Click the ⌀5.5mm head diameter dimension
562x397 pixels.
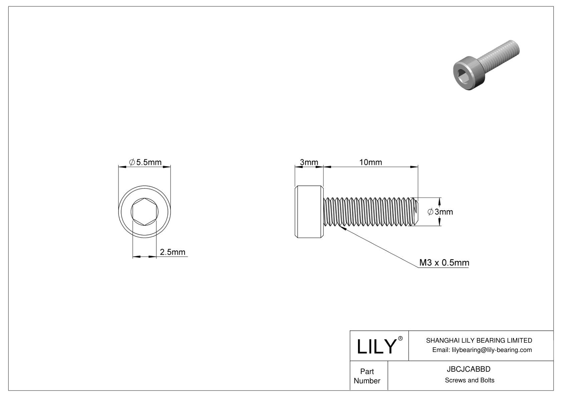tap(145, 162)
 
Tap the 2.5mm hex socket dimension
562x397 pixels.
tap(173, 252)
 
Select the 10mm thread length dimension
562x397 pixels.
tap(370, 162)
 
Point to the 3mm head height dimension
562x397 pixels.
tap(309, 162)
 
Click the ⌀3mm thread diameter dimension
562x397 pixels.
tap(440, 212)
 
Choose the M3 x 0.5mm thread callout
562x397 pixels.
tap(444, 263)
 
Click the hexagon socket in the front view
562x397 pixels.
tap(145, 212)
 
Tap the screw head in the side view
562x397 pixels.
tap(309, 212)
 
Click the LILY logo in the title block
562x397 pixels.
tap(376, 346)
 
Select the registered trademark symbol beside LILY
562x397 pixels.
tap(400, 338)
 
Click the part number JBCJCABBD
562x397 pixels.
tap(469, 369)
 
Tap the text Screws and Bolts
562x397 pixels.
tap(470, 380)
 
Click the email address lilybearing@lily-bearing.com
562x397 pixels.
tap(492, 350)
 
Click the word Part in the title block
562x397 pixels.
tap(367, 371)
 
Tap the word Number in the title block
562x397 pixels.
tap(367, 381)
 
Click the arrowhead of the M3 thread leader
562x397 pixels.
tap(342, 228)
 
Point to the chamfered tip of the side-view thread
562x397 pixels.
tap(416, 212)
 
